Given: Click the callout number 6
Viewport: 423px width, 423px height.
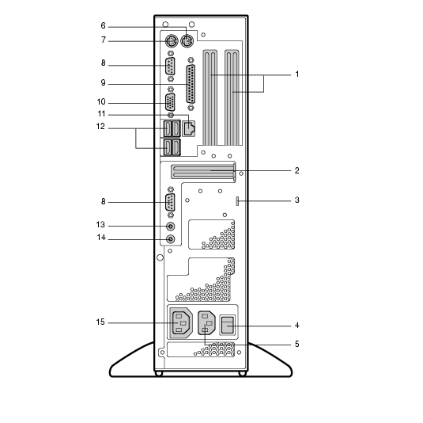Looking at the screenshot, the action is coord(103,25).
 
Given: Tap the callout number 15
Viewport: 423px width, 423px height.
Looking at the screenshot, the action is coord(100,322).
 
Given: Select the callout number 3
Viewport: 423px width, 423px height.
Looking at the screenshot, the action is coord(296,200).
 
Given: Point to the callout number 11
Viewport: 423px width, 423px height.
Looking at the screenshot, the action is coord(101,114).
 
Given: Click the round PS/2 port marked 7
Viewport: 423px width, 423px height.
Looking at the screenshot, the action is coord(171,41).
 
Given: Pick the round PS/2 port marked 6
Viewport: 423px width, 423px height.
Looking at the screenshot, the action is coord(187,41).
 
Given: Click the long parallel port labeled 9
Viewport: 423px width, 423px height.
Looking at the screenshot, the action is coord(191,84).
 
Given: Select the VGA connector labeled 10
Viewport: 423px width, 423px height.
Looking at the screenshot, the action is coord(170,102).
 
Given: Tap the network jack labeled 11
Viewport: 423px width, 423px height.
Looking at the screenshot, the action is coord(189,128).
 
